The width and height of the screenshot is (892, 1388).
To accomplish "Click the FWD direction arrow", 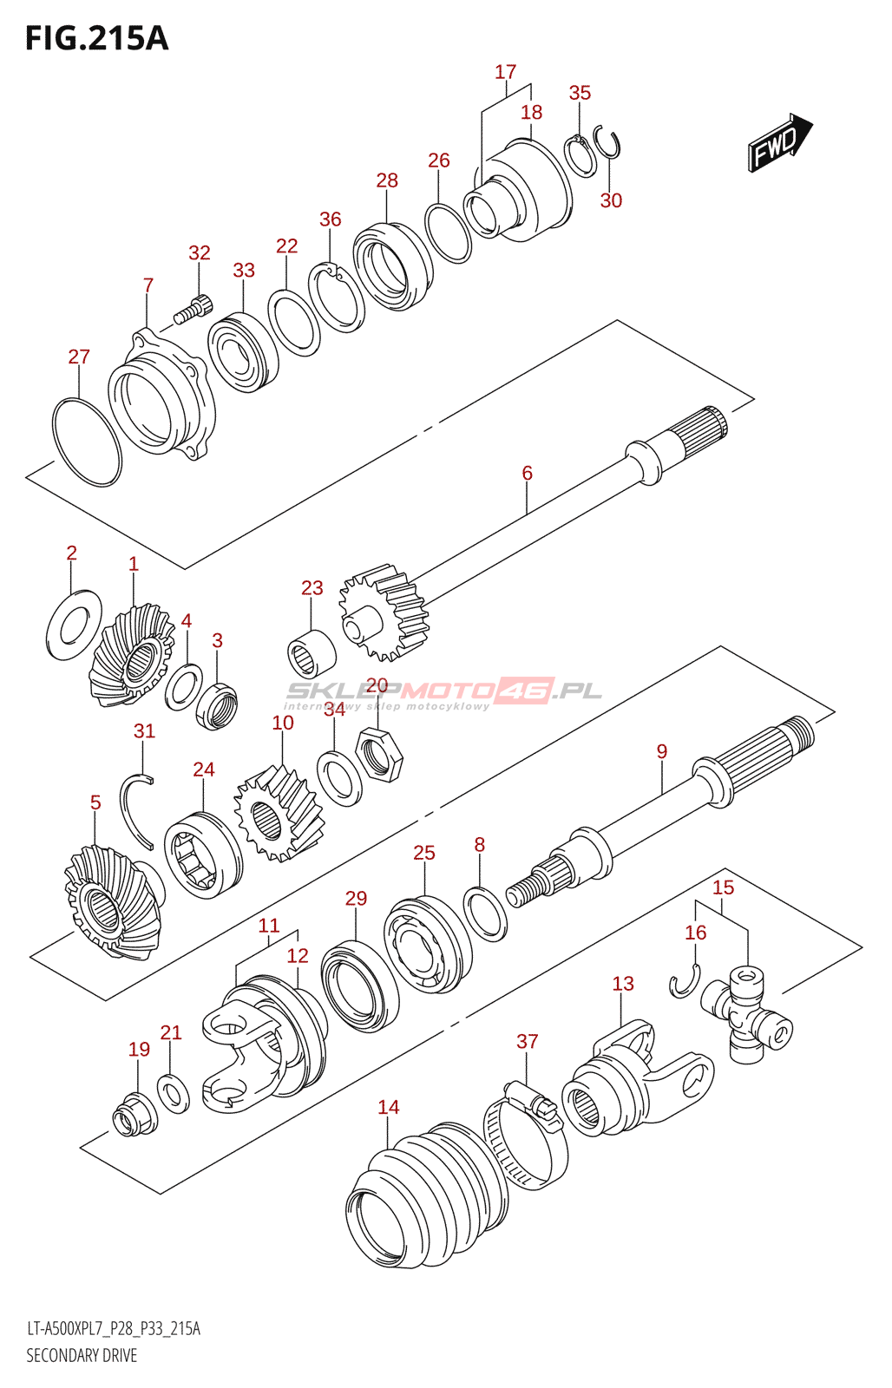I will pos(779,141).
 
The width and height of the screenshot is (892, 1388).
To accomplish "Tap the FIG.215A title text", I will pos(96,39).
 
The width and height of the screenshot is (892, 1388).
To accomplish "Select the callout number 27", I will pos(79,357).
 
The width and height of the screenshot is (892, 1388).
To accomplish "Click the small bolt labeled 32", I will pos(193,311).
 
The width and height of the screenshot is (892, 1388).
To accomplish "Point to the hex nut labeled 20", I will pos(379,754).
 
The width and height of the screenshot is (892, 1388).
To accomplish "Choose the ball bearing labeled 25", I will pos(427,944).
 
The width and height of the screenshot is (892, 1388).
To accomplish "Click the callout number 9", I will pos(662,751).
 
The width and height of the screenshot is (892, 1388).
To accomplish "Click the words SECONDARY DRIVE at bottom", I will pos(82,1355).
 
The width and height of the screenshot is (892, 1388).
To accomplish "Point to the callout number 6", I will pos(527,473).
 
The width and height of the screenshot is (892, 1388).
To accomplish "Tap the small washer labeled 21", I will pos(174,1093).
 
